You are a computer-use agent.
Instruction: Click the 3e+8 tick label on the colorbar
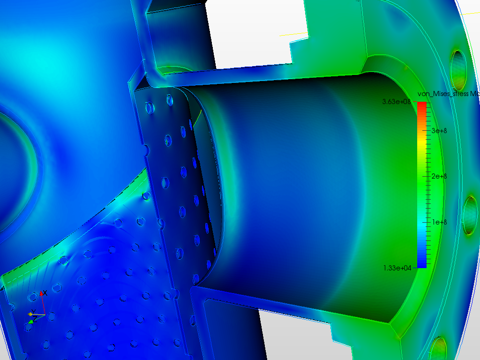pyautogui.click(x=439, y=130)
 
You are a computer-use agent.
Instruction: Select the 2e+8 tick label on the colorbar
pyautogui.click(x=439, y=176)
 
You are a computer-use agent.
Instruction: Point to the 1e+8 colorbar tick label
pyautogui.click(x=439, y=222)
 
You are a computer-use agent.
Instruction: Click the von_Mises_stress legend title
pyautogui.click(x=448, y=94)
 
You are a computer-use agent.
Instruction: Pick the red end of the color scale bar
pyautogui.click(x=421, y=106)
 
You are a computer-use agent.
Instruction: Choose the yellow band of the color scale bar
pyautogui.click(x=421, y=149)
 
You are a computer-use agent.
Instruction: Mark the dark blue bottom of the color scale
pyautogui.click(x=421, y=263)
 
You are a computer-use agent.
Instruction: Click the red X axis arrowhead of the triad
pyautogui.click(x=41, y=294)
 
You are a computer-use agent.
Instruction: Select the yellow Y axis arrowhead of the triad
pyautogui.click(x=30, y=314)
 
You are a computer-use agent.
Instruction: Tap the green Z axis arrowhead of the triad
pyautogui.click(x=31, y=322)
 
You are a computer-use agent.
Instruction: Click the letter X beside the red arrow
pyautogui.click(x=45, y=293)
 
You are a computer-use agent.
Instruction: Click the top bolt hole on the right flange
pyautogui.click(x=458, y=68)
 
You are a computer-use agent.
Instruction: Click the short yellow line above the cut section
pyautogui.click(x=293, y=34)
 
